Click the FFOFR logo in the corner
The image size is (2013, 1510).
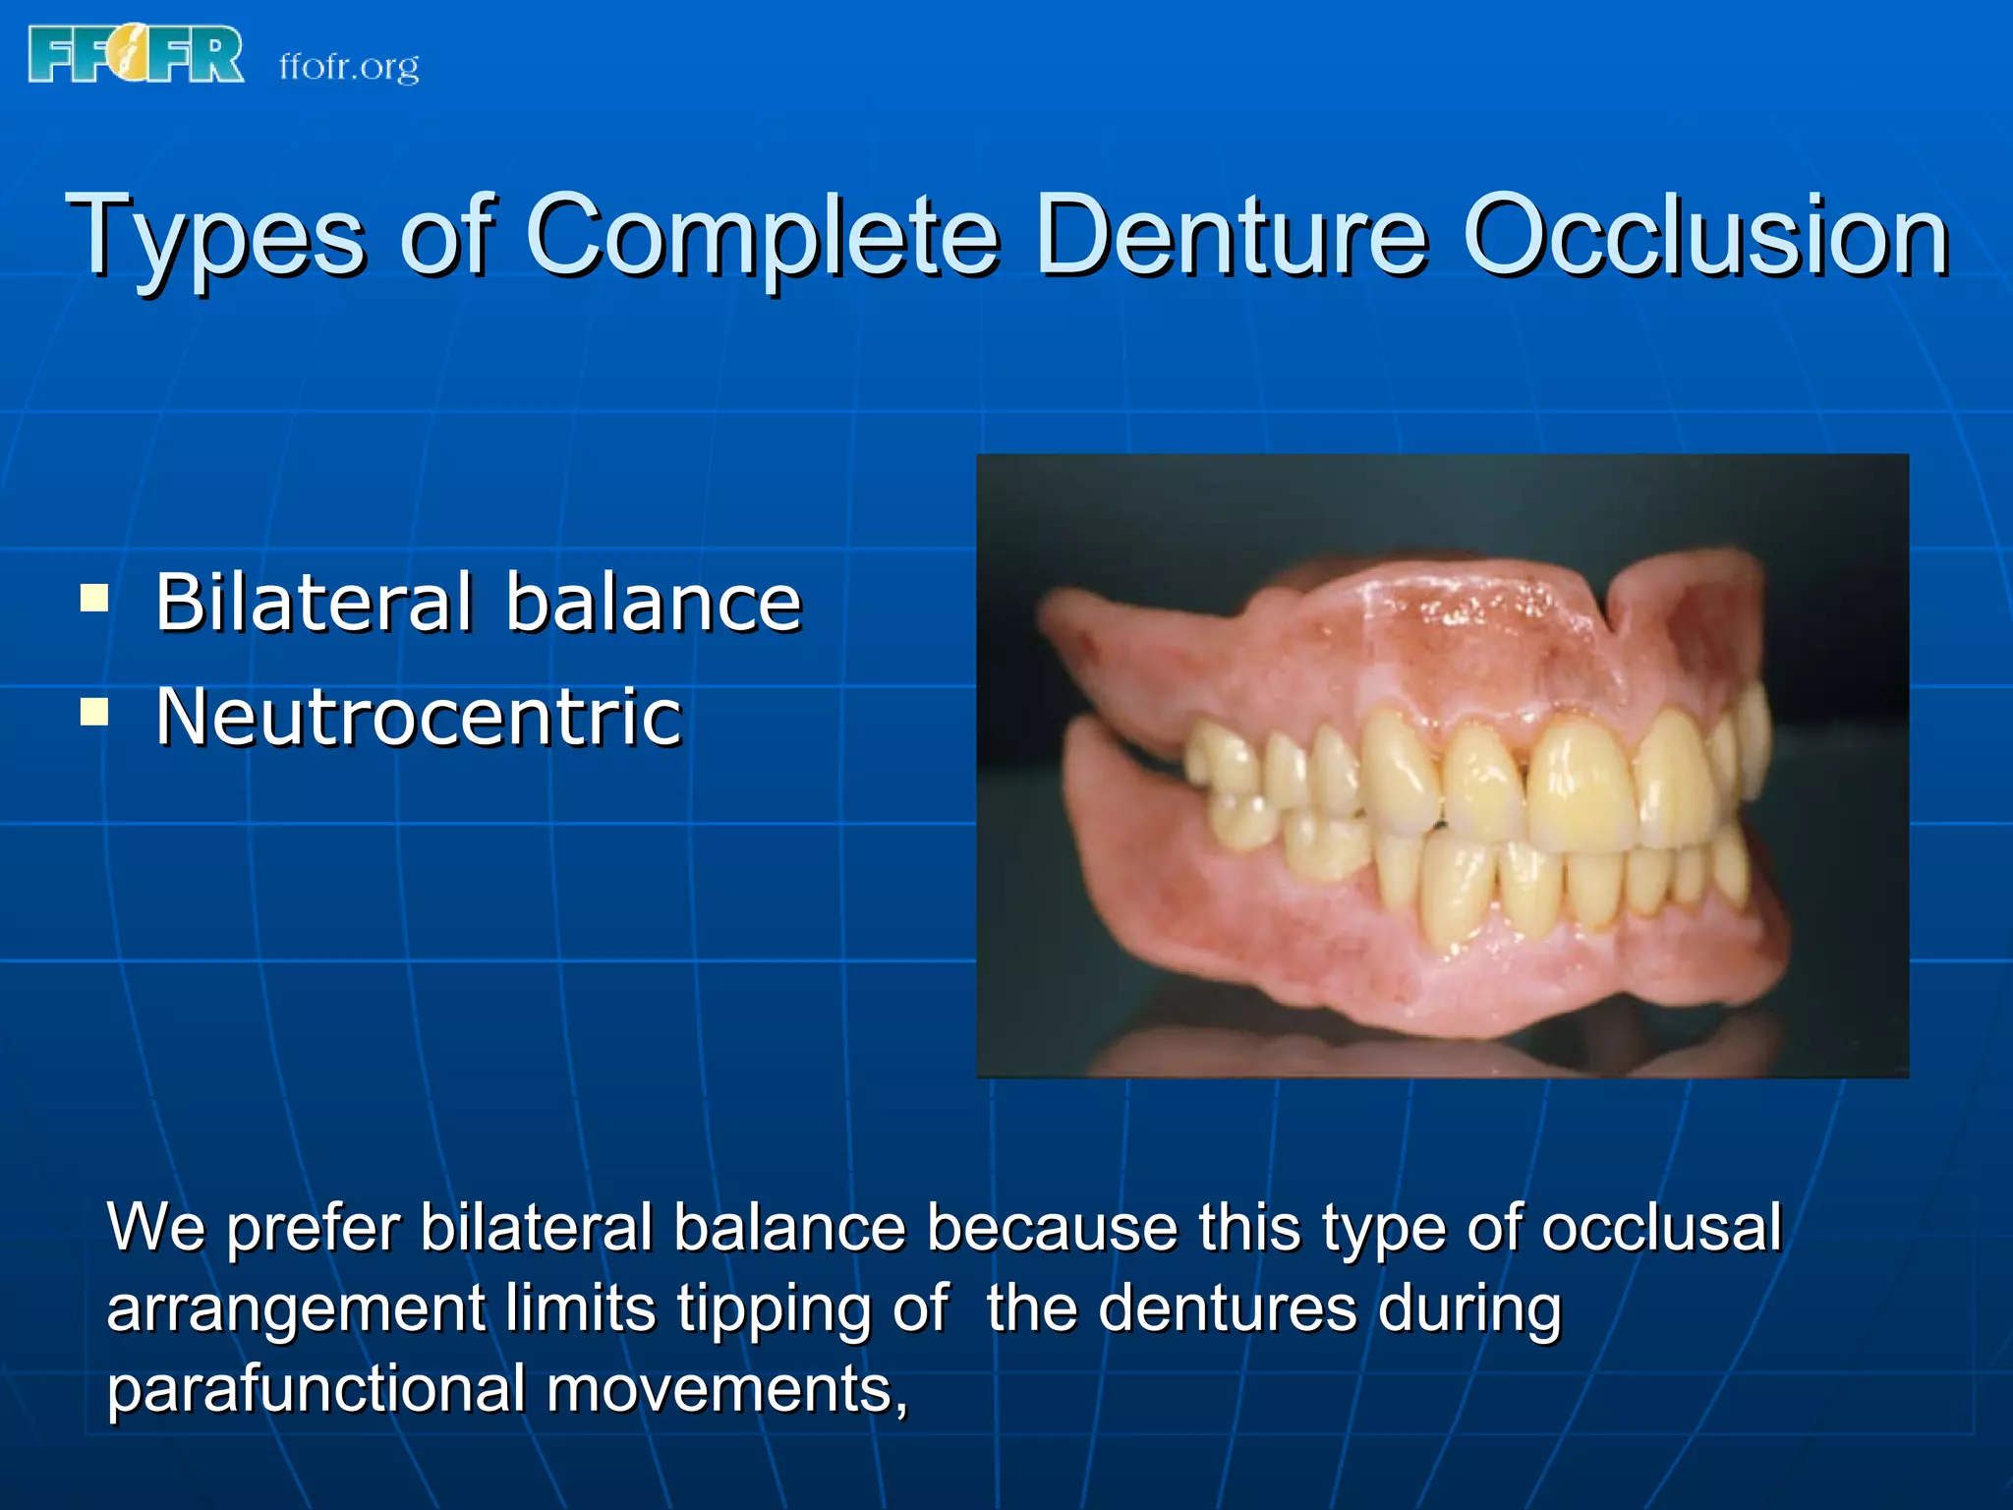coord(136,55)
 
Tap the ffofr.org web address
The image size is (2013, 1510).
coord(349,67)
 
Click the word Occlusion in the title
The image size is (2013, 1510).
coord(1705,236)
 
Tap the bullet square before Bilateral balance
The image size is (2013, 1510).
coord(94,597)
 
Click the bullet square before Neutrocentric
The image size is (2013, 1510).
coord(94,711)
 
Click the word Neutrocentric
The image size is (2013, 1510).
coord(419,717)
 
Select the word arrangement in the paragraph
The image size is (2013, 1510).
coord(296,1310)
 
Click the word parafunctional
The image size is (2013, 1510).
coord(316,1389)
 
